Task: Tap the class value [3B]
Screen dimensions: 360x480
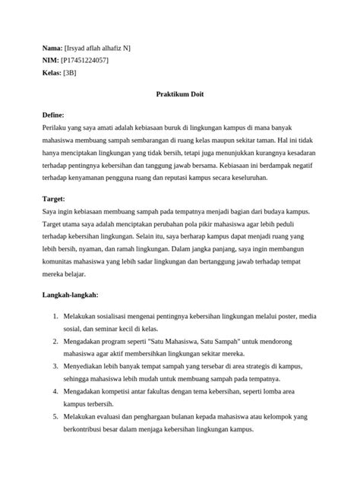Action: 70,73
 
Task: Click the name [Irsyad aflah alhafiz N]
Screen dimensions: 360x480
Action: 98,48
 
